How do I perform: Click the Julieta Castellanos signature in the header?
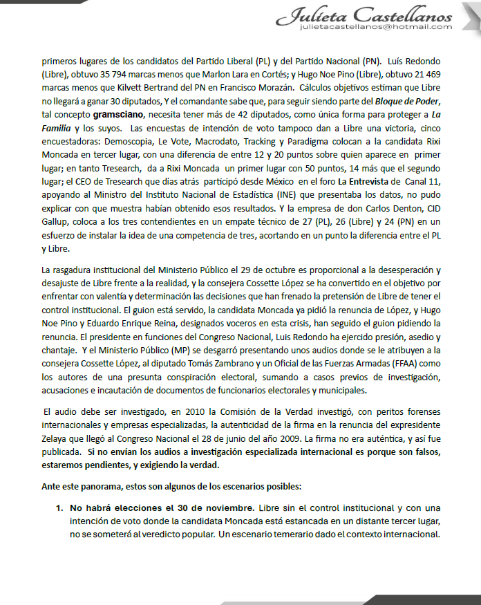(x=367, y=14)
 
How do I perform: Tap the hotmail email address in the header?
(x=377, y=27)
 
